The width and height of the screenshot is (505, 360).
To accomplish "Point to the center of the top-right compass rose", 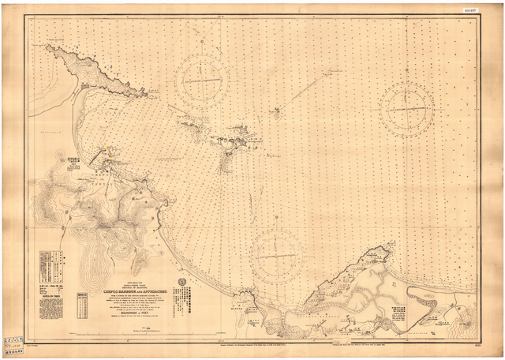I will (x=406, y=107).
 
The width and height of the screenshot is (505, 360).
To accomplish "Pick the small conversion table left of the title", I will (x=82, y=303).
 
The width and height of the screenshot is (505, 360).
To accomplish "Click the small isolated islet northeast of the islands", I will (x=276, y=112).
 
